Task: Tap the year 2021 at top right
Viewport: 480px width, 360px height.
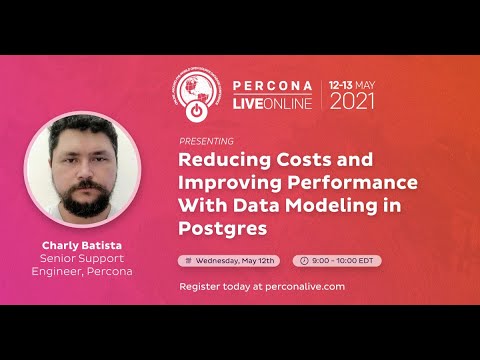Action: coord(353,101)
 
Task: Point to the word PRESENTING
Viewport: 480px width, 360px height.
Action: coord(207,141)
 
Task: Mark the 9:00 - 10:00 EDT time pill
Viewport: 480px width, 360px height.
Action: coord(336,261)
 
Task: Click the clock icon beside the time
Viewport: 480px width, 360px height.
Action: coord(304,261)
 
